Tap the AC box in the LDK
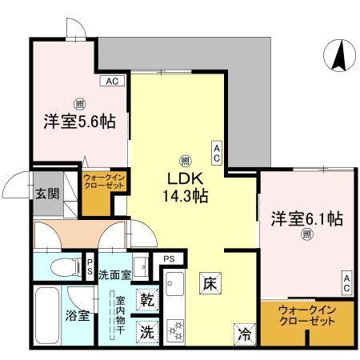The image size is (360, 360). click(x=216, y=150)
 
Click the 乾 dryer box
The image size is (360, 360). click(x=147, y=300)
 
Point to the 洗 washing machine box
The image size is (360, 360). click(x=147, y=330)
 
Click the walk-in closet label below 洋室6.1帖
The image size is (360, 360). click(x=306, y=319)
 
